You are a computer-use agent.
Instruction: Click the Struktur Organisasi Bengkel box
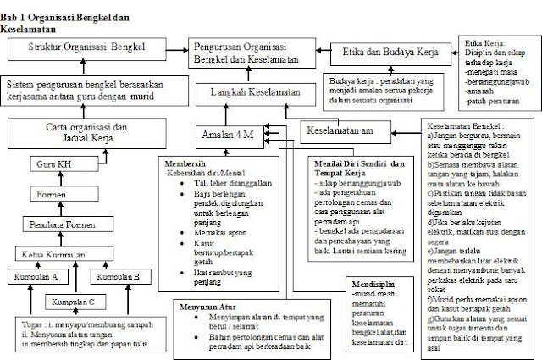[87, 47]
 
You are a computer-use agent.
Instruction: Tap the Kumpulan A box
[33, 276]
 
